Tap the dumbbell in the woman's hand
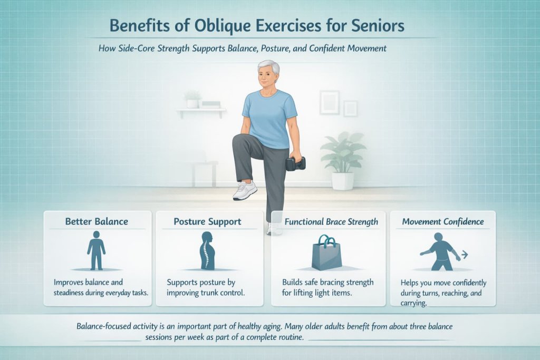[295, 163]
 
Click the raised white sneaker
[246, 191]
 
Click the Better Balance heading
[97, 221]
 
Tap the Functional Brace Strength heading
[331, 221]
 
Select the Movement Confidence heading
[443, 221]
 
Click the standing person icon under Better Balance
[97, 249]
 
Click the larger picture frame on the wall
[329, 102]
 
